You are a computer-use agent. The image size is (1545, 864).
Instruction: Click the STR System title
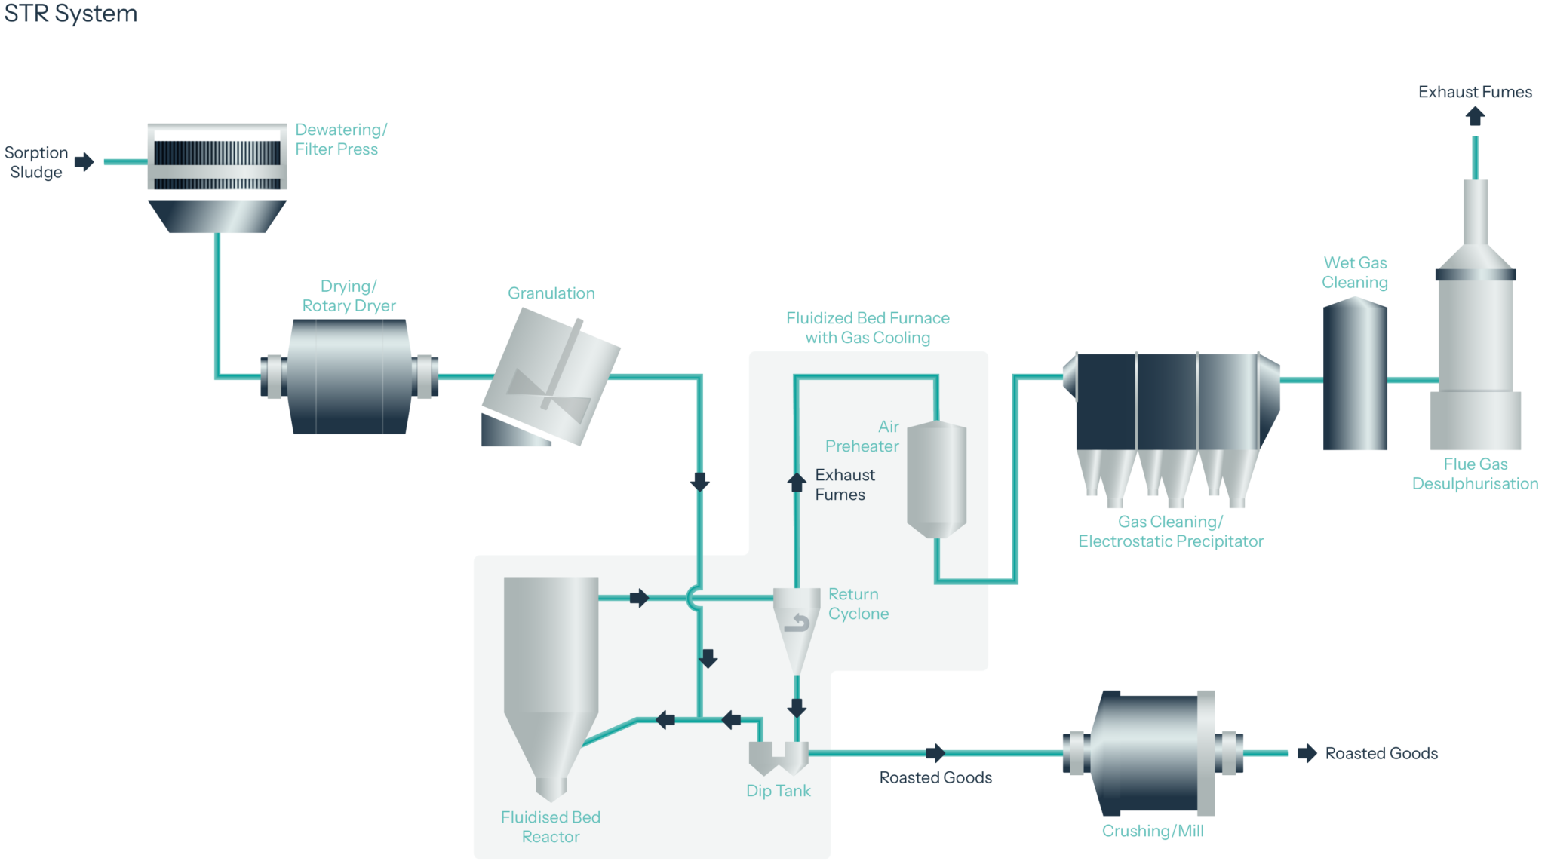click(x=70, y=14)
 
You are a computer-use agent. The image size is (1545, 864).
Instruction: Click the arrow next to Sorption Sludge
click(x=85, y=161)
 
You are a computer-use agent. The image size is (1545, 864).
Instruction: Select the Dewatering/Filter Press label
click(x=340, y=139)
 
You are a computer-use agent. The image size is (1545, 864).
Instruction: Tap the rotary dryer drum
click(x=349, y=376)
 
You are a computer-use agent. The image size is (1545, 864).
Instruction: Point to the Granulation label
click(x=551, y=293)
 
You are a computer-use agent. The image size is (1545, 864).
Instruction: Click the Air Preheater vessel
click(x=936, y=479)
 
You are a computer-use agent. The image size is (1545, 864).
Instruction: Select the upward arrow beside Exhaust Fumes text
click(x=797, y=483)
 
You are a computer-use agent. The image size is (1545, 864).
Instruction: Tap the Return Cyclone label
click(x=858, y=604)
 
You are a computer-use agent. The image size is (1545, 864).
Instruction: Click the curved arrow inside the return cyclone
click(x=797, y=623)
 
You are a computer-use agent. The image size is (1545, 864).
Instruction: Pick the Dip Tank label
click(x=778, y=791)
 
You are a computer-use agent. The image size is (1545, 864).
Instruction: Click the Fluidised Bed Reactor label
click(x=551, y=827)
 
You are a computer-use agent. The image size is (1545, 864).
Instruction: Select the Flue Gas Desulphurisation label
click(x=1475, y=474)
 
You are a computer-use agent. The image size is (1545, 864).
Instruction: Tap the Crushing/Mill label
click(x=1152, y=831)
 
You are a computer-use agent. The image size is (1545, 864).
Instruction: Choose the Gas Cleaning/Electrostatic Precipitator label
click(x=1170, y=532)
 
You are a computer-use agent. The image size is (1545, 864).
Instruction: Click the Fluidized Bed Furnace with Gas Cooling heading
click(x=868, y=328)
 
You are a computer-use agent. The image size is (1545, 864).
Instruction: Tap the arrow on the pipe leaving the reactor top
click(x=639, y=598)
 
